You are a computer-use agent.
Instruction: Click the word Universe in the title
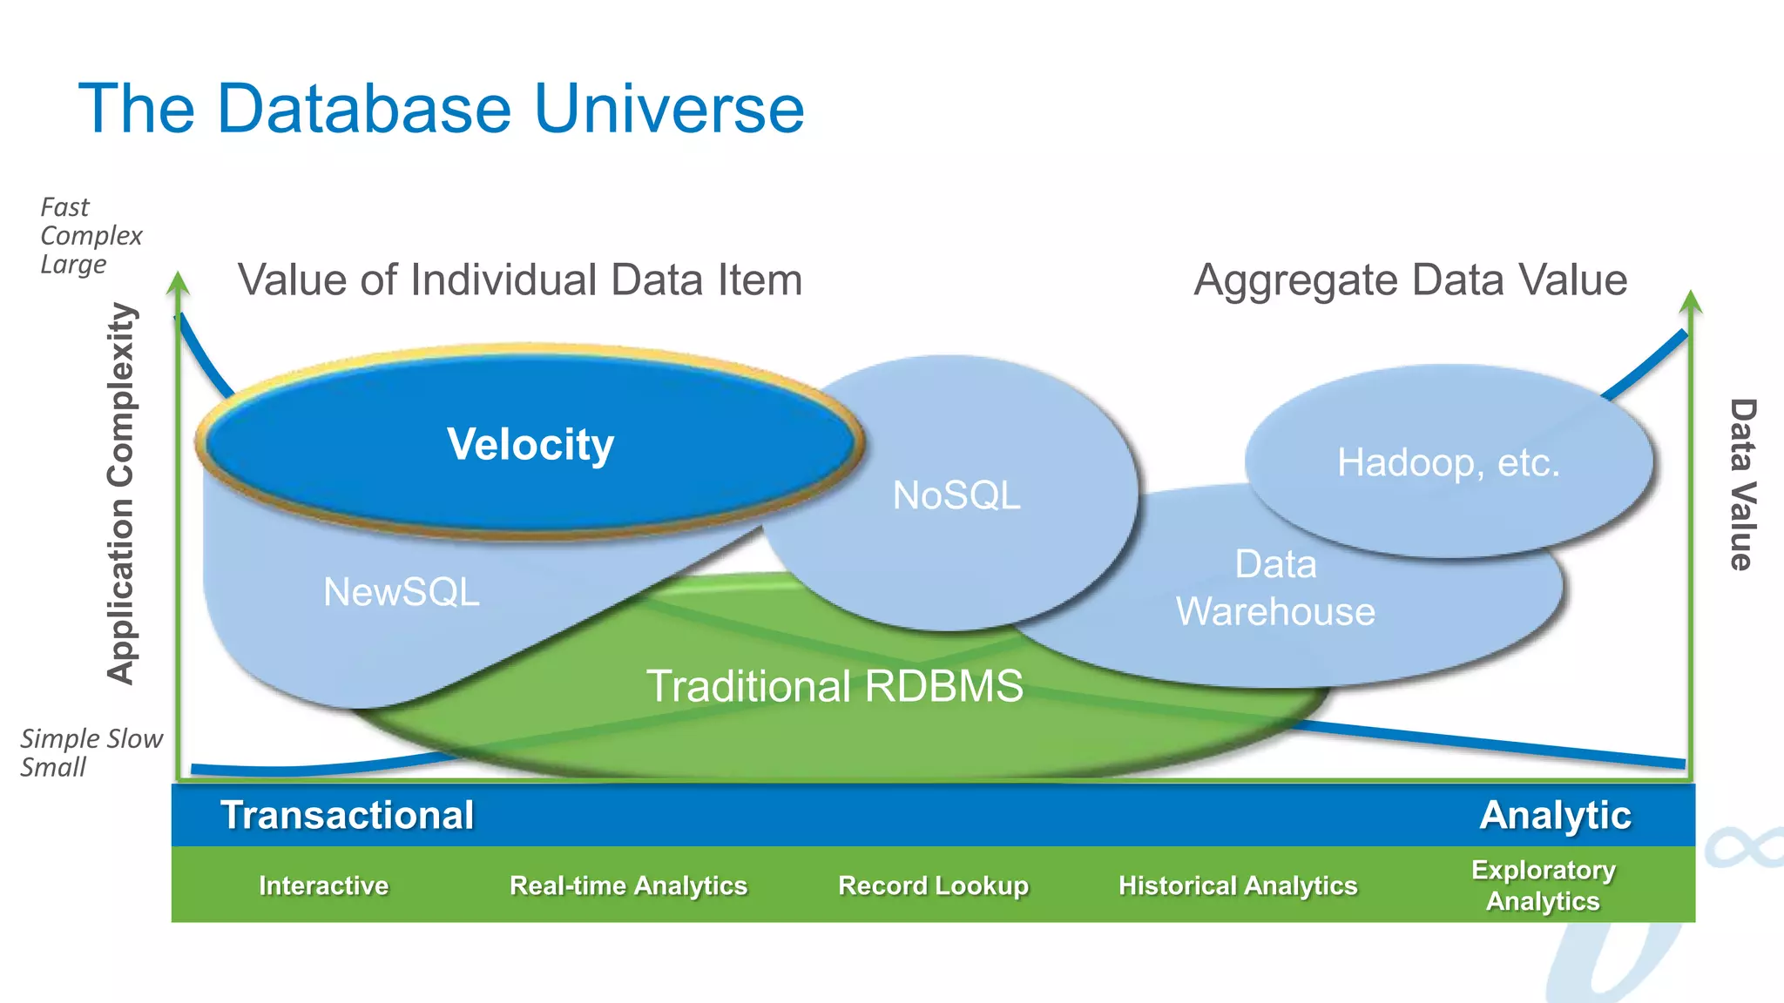669,109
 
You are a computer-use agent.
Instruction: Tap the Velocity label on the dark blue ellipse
530,445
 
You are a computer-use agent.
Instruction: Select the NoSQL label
956,495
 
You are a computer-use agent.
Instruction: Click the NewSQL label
402,592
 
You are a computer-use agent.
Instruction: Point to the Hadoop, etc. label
1448,462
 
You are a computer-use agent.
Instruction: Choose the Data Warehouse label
1275,588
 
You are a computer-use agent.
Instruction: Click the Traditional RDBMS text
835,686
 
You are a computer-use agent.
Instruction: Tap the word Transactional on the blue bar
348,816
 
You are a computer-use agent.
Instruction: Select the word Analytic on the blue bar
1555,816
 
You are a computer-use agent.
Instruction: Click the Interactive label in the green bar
323,885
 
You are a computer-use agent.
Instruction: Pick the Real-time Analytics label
628,885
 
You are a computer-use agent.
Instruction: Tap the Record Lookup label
933,885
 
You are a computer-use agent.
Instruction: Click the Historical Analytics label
1238,885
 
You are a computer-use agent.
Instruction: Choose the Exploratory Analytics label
1543,885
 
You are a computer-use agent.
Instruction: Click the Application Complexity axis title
123,494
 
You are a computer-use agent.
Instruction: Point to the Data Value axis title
1741,484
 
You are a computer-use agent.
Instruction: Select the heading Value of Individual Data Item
520,280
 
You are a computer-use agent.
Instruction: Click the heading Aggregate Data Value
1410,280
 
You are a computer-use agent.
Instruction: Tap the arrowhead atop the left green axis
179,282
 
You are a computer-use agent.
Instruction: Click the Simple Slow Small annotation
90,752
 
